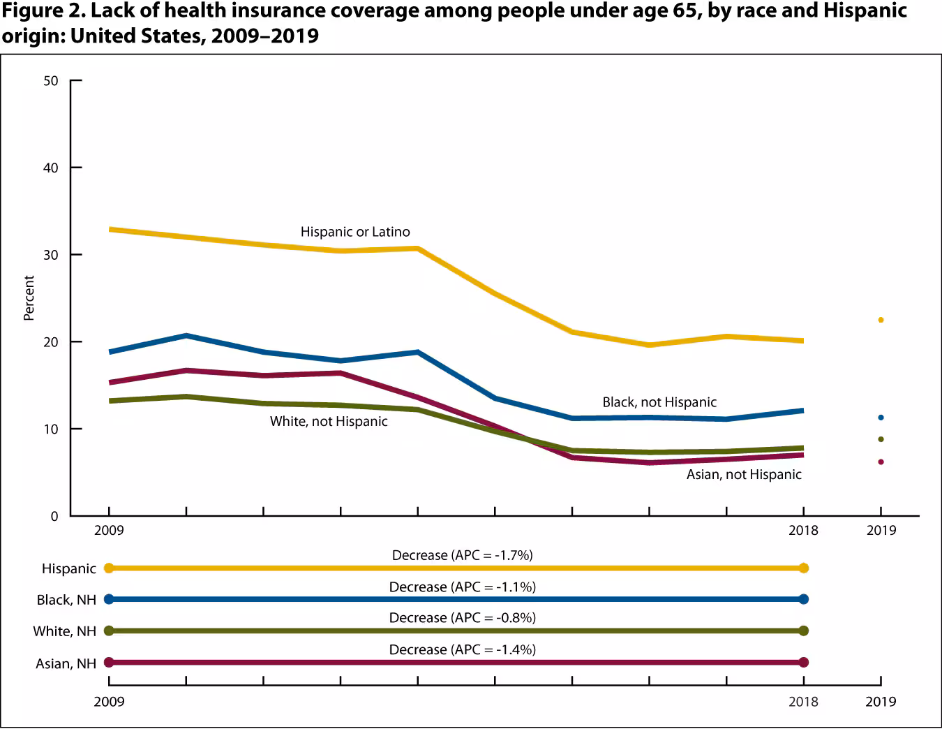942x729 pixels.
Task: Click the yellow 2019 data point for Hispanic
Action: (x=881, y=320)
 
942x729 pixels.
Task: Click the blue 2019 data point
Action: (x=881, y=418)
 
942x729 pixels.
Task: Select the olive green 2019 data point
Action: (x=881, y=439)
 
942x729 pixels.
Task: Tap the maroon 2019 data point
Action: (x=881, y=462)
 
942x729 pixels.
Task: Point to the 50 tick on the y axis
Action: (x=51, y=81)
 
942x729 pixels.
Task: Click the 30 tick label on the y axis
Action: (x=51, y=255)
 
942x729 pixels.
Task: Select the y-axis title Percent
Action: (x=29, y=298)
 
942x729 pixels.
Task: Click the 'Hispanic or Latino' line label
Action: (x=355, y=232)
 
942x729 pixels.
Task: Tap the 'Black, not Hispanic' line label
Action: (x=659, y=402)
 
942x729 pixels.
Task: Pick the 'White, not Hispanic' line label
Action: (x=329, y=422)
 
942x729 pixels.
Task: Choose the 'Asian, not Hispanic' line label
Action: (x=744, y=475)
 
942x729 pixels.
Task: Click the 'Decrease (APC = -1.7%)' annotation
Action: (x=462, y=556)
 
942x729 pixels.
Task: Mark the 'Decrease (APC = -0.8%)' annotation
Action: (x=462, y=618)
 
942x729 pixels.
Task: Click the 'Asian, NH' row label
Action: (x=66, y=663)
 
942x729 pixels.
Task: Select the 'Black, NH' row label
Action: (x=66, y=600)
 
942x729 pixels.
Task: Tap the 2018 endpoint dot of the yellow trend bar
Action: (x=803, y=568)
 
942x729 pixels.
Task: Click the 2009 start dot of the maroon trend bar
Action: (x=109, y=662)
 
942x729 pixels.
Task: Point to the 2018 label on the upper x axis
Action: (x=803, y=531)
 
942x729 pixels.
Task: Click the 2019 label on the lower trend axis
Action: (x=881, y=702)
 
